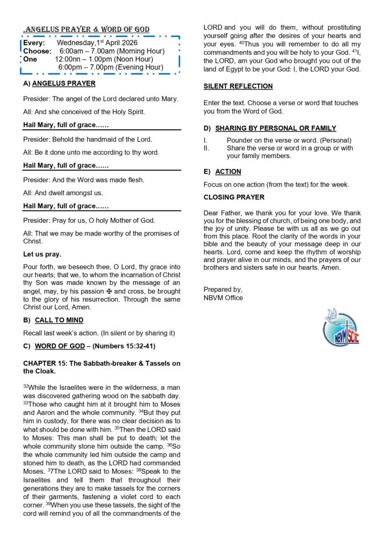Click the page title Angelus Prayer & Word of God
pos(88,29)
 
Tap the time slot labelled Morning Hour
pos(111,51)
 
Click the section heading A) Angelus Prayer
pos(59,83)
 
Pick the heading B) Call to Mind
pos(54,320)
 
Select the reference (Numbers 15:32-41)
pos(125,346)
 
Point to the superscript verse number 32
pos(25,387)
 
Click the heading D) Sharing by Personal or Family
pos(269,128)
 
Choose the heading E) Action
pos(222,172)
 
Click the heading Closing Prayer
pos(234,197)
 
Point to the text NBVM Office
pos(223,297)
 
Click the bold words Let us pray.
pos(42,254)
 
